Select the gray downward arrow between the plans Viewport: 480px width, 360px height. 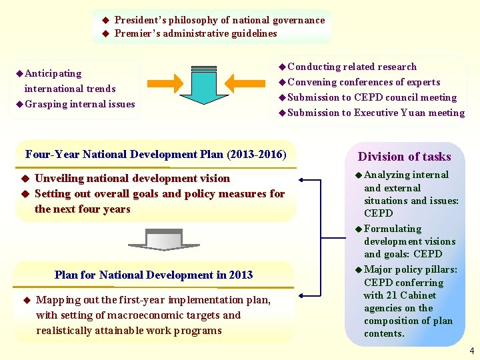click(154, 239)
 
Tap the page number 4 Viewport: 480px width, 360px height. click(471, 351)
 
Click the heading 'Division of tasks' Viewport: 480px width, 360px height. click(404, 157)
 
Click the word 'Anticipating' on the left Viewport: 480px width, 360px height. click(53, 73)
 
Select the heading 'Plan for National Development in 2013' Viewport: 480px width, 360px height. click(154, 275)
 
